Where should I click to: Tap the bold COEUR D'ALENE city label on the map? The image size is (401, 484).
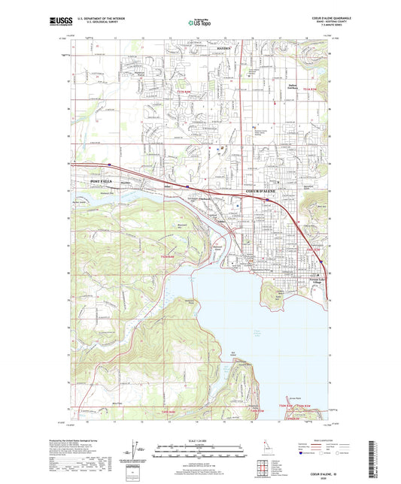click(x=261, y=192)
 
